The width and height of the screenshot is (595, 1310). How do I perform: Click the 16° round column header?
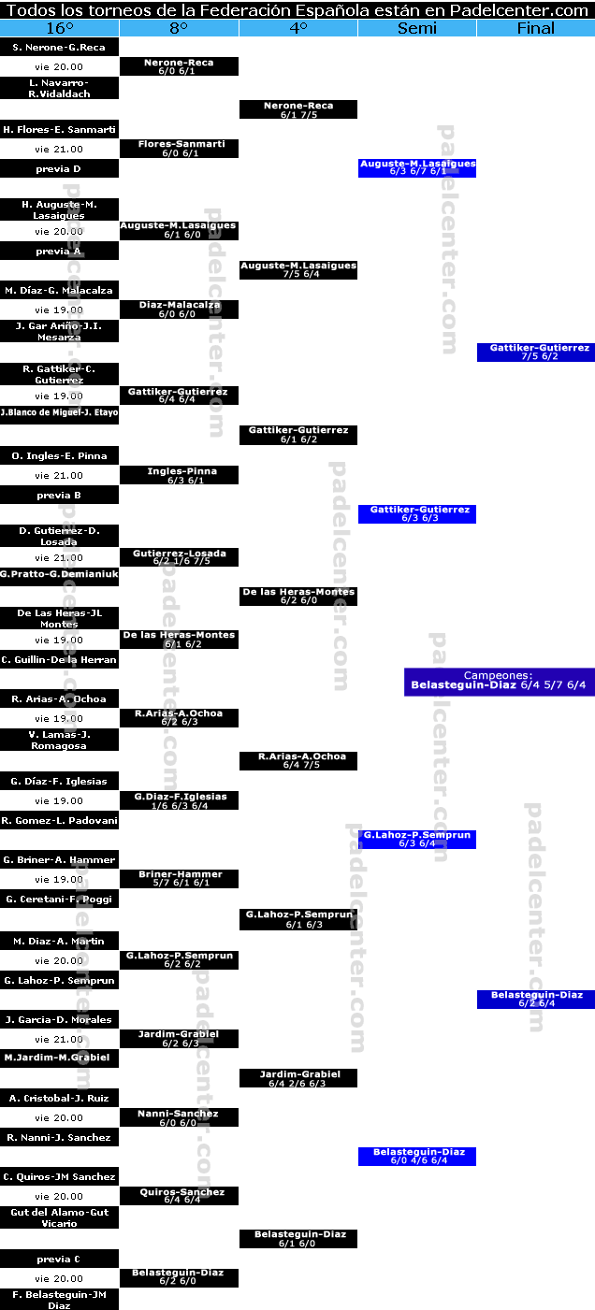[60, 28]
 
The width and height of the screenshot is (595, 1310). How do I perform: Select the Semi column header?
[417, 28]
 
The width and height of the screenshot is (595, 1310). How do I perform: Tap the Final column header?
[536, 28]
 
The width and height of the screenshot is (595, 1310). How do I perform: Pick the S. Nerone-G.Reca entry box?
[60, 47]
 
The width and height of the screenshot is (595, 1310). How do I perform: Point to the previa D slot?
[60, 169]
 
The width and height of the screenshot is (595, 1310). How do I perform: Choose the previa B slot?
[60, 495]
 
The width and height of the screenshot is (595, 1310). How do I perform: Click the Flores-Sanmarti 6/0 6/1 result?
[180, 149]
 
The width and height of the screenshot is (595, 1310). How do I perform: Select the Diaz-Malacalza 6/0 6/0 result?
[180, 310]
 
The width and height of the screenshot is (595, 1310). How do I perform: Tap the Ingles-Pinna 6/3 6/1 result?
[180, 475]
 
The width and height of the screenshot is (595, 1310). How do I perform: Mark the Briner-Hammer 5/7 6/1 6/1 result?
[180, 879]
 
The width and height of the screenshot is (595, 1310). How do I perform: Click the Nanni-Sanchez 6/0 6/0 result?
[180, 1117]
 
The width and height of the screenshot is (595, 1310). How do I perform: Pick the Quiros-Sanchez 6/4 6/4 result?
[180, 1196]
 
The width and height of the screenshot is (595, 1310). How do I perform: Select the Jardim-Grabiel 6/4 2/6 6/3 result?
[298, 1078]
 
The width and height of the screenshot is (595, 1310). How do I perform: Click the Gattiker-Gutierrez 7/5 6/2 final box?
[536, 352]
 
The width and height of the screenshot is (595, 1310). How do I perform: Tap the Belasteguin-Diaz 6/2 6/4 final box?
[536, 999]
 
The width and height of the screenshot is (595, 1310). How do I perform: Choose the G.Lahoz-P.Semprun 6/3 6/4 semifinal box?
[417, 839]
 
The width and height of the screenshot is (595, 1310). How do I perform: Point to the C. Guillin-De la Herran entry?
[60, 660]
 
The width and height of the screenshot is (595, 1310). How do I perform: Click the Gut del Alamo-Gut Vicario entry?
[60, 1217]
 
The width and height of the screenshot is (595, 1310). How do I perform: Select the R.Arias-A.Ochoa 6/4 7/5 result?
[298, 760]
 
